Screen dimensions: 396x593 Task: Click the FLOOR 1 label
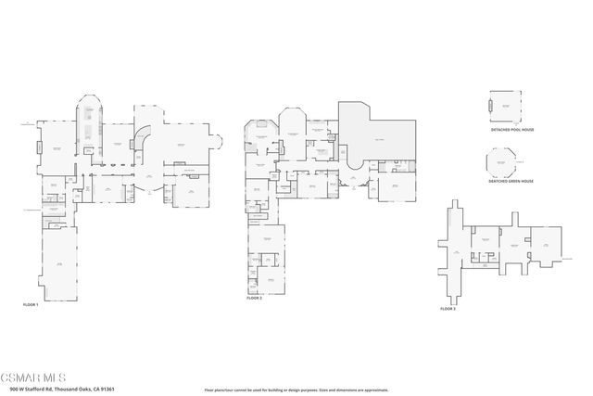(31, 304)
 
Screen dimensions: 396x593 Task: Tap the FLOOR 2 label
(255, 299)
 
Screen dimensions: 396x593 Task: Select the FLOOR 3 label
(448, 307)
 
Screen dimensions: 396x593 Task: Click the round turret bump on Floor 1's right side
(220, 143)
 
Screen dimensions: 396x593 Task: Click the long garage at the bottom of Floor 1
(58, 265)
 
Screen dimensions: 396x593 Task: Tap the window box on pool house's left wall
(488, 108)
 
